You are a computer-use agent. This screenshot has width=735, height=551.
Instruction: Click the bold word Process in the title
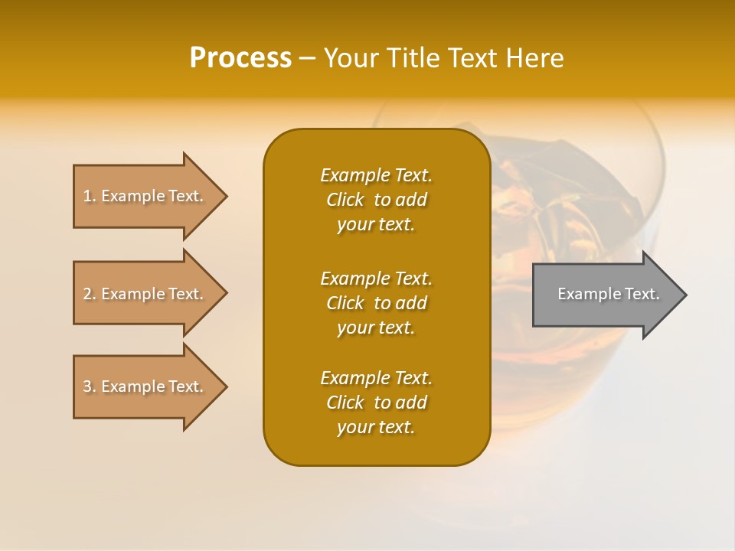pos(240,58)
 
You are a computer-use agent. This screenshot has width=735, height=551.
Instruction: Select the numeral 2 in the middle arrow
pos(87,294)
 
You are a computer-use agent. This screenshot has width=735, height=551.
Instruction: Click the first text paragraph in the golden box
pos(376,200)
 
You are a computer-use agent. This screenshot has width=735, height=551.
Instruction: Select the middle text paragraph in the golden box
pos(376,303)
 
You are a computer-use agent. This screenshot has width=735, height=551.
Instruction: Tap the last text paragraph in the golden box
pos(376,403)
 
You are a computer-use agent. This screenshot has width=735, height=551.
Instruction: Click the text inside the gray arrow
pos(608,294)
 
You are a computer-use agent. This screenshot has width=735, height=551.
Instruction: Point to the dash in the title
pos(308,58)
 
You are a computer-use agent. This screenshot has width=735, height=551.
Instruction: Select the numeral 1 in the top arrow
pos(87,196)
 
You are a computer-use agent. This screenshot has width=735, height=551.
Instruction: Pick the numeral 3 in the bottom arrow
pos(87,386)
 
